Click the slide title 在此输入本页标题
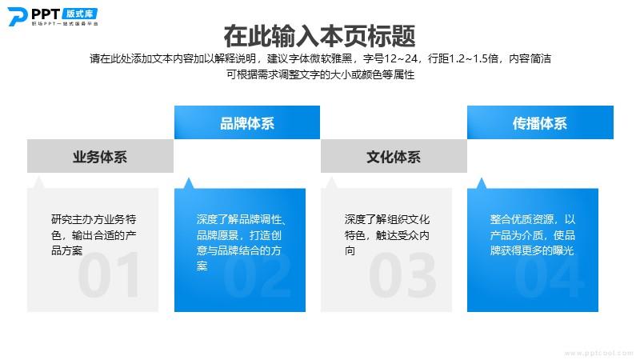[x=319, y=36]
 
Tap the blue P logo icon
[x=17, y=17]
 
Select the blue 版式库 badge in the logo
[x=80, y=14]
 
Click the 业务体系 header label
[x=100, y=157]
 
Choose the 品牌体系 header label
[x=247, y=123]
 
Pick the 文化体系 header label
[x=394, y=157]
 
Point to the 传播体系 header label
[x=539, y=123]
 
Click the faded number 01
[x=109, y=275]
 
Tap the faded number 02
[x=257, y=275]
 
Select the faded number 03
[x=402, y=275]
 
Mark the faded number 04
[x=550, y=275]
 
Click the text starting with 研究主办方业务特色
[x=94, y=235]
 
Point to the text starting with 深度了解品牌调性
[x=241, y=243]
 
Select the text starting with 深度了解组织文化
[x=387, y=235]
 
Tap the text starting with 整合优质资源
[x=533, y=235]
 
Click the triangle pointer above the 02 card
[x=188, y=184]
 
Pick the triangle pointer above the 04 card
[x=482, y=184]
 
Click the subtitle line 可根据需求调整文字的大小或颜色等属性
[x=321, y=74]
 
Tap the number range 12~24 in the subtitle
[x=401, y=58]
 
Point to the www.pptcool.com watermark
[x=598, y=353]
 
